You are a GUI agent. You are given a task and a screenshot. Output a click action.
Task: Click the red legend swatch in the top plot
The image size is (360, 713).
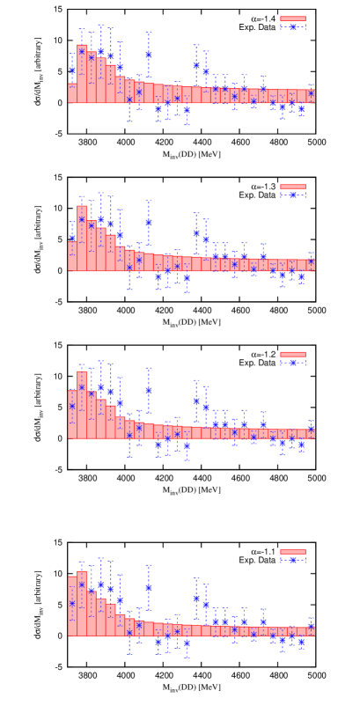point(292,18)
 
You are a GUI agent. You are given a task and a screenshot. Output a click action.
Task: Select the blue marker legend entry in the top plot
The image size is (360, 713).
point(292,27)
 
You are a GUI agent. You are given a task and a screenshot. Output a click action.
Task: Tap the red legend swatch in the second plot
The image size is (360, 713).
point(292,187)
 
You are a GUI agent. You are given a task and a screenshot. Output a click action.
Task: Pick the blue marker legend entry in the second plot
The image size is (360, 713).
point(292,195)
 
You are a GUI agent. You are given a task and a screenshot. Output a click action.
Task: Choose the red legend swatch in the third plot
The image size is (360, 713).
point(292,355)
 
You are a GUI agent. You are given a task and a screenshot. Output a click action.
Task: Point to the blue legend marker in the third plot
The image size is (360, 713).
point(292,363)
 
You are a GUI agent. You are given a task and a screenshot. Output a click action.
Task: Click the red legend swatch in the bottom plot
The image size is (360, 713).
point(292,552)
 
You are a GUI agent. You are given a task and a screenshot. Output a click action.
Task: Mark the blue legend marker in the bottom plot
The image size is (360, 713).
point(292,560)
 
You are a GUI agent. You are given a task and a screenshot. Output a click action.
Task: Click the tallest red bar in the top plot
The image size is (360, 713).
point(82,75)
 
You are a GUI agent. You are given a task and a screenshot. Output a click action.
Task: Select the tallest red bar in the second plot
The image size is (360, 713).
point(82,239)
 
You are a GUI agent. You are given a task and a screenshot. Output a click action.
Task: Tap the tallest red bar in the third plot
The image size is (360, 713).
point(82,406)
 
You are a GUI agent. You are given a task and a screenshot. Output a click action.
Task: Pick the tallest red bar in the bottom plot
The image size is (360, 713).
point(82,604)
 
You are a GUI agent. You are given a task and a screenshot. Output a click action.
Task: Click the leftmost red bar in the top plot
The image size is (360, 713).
point(72,93)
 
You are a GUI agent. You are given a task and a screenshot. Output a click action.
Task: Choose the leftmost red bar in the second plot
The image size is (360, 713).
point(72,256)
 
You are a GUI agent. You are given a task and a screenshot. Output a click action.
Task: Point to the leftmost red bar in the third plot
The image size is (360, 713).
point(72,415)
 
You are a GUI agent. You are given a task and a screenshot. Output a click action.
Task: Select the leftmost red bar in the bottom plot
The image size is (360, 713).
point(72,606)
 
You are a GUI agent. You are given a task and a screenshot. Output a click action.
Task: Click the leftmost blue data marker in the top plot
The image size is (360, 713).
point(72,70)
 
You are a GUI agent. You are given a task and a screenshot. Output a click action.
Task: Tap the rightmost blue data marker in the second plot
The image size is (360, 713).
point(311,261)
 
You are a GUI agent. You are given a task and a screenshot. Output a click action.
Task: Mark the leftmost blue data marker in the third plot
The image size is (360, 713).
point(72,406)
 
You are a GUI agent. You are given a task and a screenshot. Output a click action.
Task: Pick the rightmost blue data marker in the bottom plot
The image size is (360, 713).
point(311,628)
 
